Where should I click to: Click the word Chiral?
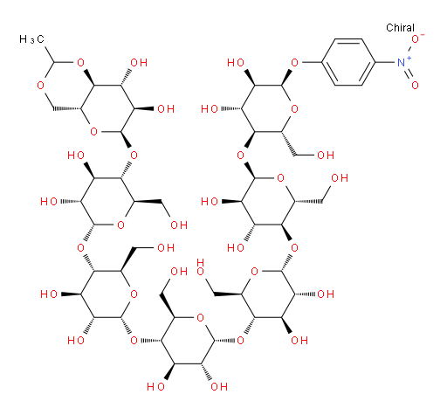point(400,28)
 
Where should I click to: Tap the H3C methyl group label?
point(31,39)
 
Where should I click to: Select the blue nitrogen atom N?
point(402,62)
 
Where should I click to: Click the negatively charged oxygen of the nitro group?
point(415,39)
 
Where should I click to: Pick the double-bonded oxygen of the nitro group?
point(415,85)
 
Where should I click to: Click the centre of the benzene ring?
point(348,62)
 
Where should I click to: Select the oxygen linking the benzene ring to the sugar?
point(294,62)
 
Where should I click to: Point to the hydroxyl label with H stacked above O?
point(200,267)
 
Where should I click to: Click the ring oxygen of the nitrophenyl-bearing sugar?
point(294,108)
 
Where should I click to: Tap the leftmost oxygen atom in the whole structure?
point(40,86)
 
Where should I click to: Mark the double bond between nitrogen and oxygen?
point(409,73)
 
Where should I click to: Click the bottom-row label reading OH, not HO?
point(219,387)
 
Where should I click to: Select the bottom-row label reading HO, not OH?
point(155,387)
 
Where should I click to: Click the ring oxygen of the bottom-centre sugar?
point(200,317)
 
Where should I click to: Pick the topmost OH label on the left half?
point(139,62)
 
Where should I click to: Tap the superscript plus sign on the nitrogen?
point(409,59)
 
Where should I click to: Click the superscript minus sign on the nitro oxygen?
point(423,35)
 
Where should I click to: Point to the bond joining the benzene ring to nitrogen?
point(386,62)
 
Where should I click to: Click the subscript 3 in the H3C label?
point(32,41)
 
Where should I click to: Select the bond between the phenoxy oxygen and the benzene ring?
point(311,62)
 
